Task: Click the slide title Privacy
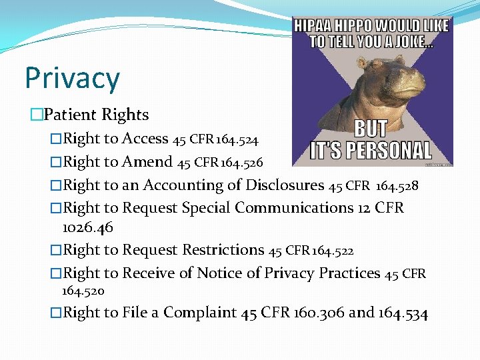(x=72, y=77)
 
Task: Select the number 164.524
(x=237, y=139)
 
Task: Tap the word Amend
(x=147, y=162)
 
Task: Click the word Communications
(x=297, y=207)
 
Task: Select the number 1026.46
(x=87, y=227)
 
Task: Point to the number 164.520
(x=83, y=291)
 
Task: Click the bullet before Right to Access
(x=56, y=139)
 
